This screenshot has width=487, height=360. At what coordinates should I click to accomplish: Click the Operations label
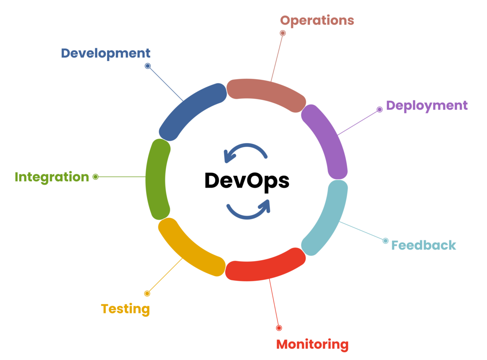coord(317,21)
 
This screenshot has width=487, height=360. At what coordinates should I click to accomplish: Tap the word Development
coord(105,53)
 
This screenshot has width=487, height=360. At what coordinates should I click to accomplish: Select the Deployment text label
coord(427,105)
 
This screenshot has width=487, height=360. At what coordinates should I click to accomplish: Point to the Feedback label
coord(424,245)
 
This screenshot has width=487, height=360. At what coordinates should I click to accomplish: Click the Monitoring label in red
coord(312,344)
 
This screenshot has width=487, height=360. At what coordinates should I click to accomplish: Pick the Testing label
coord(126,309)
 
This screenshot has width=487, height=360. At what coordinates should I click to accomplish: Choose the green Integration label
coord(52,177)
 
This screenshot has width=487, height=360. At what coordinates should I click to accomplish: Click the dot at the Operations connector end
coord(283,33)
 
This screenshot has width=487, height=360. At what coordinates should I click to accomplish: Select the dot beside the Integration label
coord(95,177)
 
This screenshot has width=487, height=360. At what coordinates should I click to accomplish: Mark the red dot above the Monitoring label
coord(279,328)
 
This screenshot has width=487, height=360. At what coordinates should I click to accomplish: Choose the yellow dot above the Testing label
coord(147,293)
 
